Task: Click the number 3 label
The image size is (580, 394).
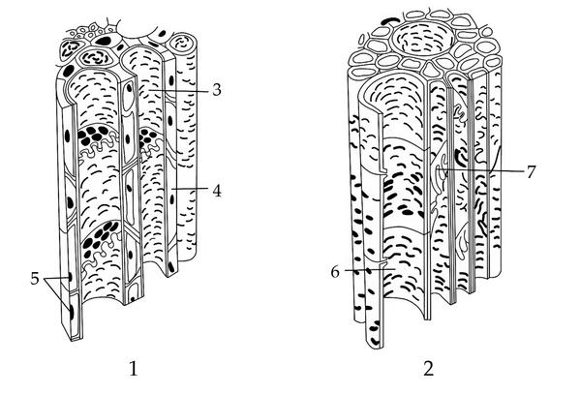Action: pos(217,89)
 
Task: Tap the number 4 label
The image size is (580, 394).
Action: pos(217,191)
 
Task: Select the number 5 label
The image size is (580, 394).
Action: pos(35,278)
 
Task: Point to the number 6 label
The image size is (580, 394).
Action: pos(335,272)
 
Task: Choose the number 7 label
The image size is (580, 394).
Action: pos(532,171)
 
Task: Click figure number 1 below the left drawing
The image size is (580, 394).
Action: pos(134,369)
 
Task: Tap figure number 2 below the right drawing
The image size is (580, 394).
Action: pos(429,369)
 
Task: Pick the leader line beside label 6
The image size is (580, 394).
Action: pos(367,270)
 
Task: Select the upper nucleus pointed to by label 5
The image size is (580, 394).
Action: pos(70,277)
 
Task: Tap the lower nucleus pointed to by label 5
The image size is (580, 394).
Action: pos(72,312)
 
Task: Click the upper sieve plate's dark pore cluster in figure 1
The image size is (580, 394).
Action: pos(93,135)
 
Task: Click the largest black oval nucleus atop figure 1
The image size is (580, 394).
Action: pos(104,41)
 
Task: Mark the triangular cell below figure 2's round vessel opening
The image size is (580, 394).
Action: pos(430,69)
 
